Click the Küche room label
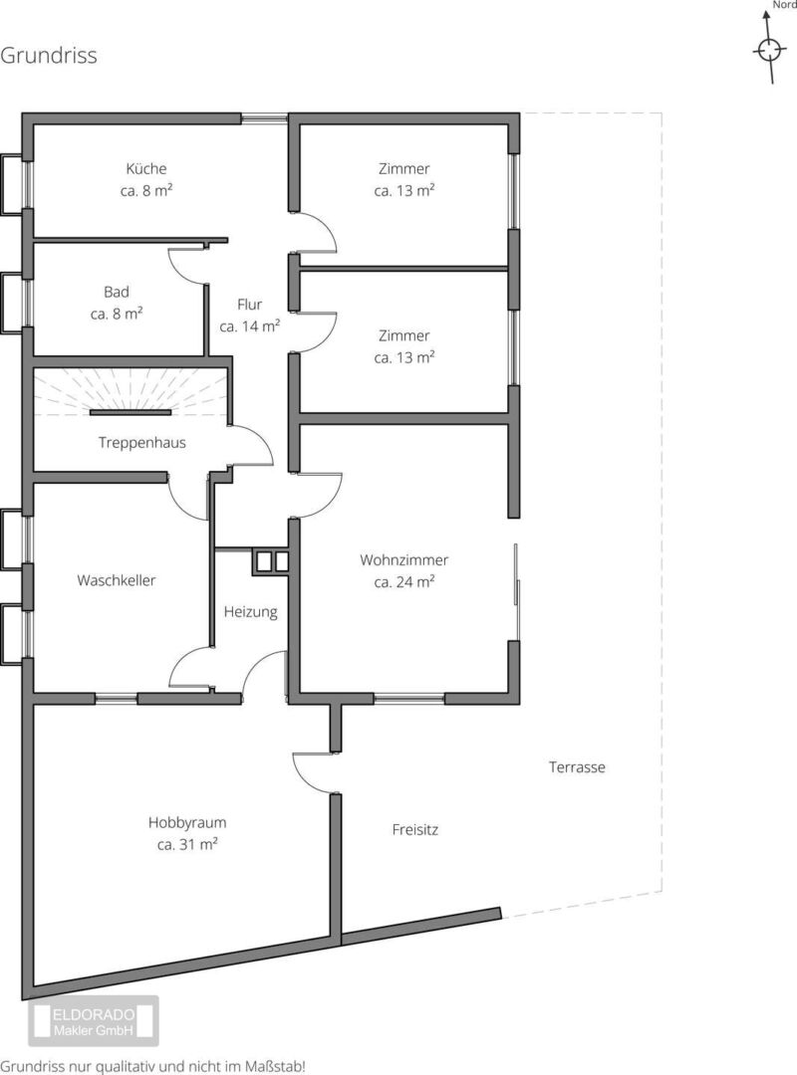coord(146,168)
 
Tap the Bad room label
coord(116,292)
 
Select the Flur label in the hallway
coord(249,305)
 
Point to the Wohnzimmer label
coord(403,560)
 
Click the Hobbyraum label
coord(186,823)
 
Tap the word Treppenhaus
coord(142,443)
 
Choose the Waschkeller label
coord(116,580)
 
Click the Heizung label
coord(251,611)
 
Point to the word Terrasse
coord(577,767)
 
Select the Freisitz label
coord(414,829)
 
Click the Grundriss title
coord(49,55)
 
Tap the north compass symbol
coord(769,47)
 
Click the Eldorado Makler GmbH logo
coord(94,1021)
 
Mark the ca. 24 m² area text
coord(403,582)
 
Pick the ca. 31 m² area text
coord(186,845)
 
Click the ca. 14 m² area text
coord(249,326)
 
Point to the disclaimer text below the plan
coord(152,1067)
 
